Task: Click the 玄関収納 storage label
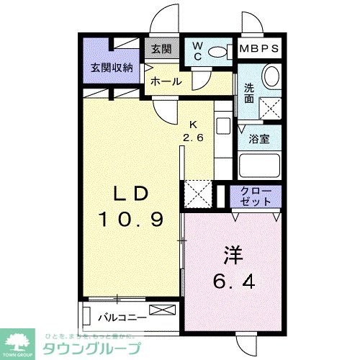tap(111, 68)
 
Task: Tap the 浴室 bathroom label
tap(260, 139)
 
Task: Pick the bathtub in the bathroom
tap(259, 168)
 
